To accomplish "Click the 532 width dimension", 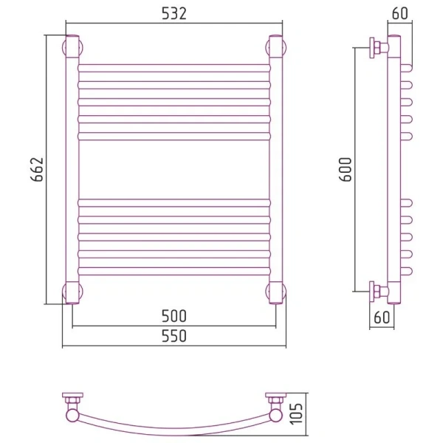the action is tap(174, 13).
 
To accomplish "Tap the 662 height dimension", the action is tap(37, 169).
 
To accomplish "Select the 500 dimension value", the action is tap(174, 316).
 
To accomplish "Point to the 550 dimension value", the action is tap(174, 336).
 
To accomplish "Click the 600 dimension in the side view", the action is tap(345, 169).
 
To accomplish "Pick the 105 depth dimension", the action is tap(296, 413).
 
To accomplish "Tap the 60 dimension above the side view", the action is tap(400, 13).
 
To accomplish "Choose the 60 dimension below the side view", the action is tap(382, 317).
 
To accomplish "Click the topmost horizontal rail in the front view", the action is tap(174, 68).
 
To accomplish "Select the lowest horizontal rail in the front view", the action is tap(174, 271).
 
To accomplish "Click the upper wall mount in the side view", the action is tap(379, 48).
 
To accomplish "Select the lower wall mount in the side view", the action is tap(379, 292).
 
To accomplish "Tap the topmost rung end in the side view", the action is tap(406, 68).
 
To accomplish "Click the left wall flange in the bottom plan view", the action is tap(72, 395).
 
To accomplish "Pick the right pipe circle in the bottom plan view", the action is tap(275, 416).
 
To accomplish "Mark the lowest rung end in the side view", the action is tap(406, 271).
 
